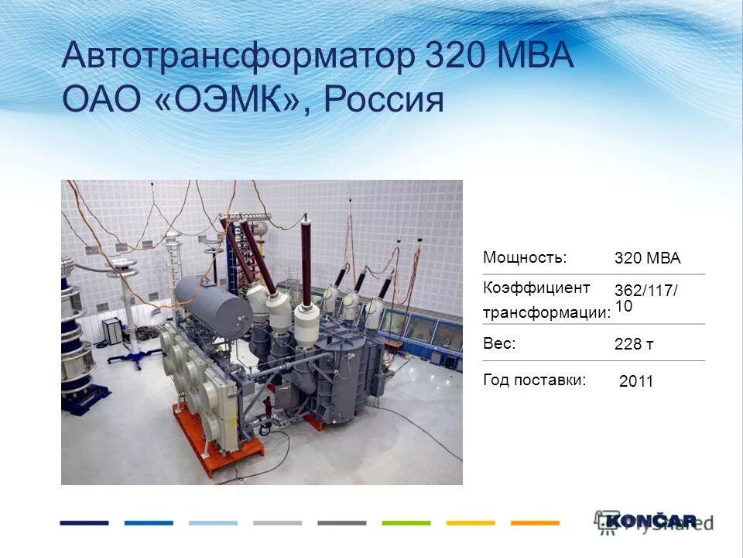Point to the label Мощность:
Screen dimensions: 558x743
(x=525, y=257)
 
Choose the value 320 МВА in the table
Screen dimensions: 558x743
(x=647, y=259)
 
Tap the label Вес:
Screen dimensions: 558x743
(x=499, y=343)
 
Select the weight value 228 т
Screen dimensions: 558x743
(x=634, y=345)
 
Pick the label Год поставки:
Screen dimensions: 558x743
(x=534, y=380)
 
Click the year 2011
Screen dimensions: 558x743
(x=636, y=381)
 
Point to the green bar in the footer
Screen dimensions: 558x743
(x=406, y=523)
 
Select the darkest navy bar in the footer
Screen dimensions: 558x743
(x=84, y=523)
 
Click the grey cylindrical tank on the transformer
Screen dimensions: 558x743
(x=212, y=299)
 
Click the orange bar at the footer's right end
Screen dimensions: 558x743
(x=535, y=523)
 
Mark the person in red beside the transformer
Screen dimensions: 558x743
(x=268, y=406)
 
